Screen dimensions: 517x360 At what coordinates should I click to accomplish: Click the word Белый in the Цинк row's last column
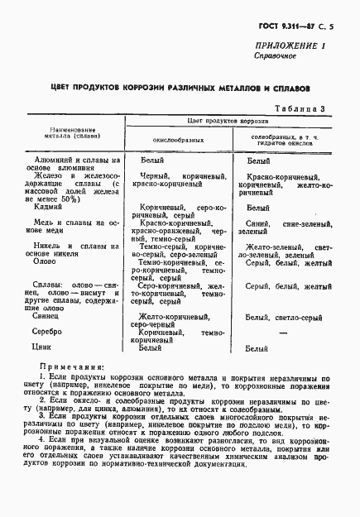click(257, 350)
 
